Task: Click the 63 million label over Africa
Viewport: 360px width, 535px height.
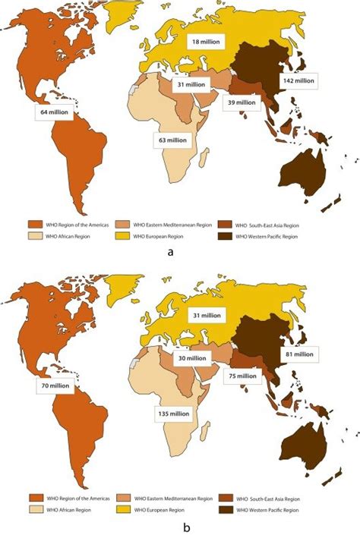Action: click(x=169, y=140)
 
